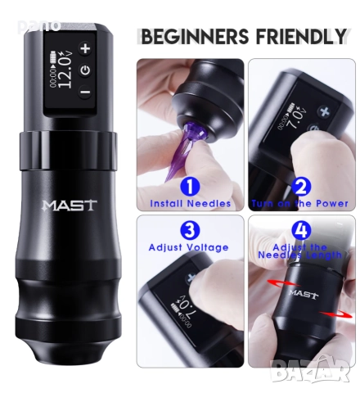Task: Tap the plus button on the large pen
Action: pyautogui.click(x=84, y=48)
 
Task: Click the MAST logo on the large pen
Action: pyautogui.click(x=69, y=205)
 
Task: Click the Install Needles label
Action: pyautogui.click(x=190, y=203)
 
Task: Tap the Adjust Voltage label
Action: pyautogui.click(x=189, y=246)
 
